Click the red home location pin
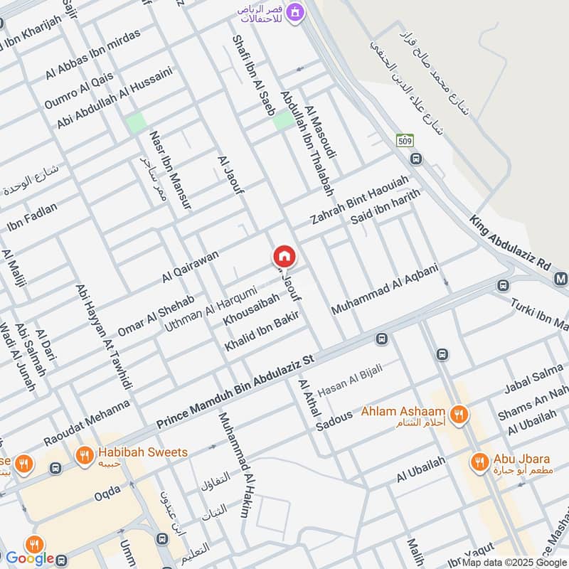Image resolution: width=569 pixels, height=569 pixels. tap(284, 256)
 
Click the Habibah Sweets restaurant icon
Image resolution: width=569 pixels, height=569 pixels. tap(85, 453)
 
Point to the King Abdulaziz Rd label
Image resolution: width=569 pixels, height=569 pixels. tap(510, 242)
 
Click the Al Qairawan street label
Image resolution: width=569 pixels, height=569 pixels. tap(190, 267)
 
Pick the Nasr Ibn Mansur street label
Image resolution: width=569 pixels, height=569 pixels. tap(170, 169)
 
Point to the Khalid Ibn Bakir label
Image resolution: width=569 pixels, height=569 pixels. tap(261, 331)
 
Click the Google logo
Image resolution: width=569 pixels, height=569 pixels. tap(30, 559)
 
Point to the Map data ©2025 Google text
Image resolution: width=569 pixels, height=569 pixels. tap(514, 562)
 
